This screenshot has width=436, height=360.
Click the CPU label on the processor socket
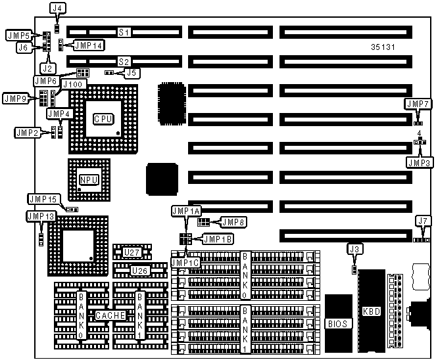(103, 119)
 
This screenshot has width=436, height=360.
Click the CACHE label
(110, 315)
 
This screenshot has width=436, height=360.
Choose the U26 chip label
(139, 270)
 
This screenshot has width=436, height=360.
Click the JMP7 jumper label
(418, 104)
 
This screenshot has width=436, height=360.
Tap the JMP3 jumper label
(418, 162)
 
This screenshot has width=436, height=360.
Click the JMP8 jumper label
(232, 222)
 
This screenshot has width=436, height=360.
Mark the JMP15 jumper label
(45, 198)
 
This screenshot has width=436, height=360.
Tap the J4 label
(57, 9)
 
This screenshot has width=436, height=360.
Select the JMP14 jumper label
(88, 45)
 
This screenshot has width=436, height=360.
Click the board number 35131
(383, 47)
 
